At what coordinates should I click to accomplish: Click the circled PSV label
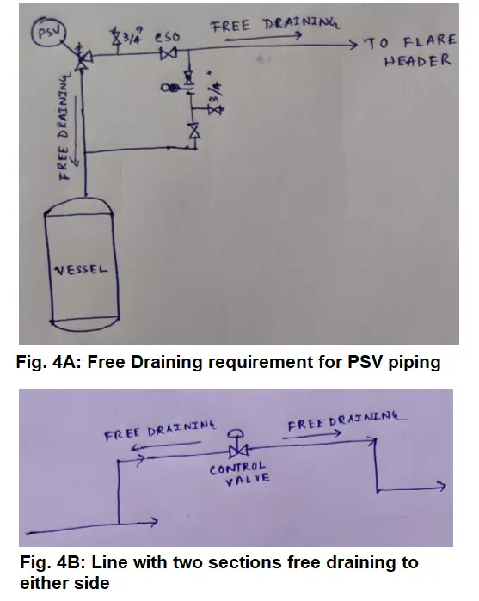(48, 33)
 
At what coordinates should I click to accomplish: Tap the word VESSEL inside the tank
(81, 270)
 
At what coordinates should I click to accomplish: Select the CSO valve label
(167, 37)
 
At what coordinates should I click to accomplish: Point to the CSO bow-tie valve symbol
(169, 53)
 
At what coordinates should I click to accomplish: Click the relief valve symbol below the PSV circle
(82, 58)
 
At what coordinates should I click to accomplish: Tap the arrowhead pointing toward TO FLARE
(352, 46)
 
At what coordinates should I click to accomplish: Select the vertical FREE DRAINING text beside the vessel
(64, 126)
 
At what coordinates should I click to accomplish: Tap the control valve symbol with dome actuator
(237, 444)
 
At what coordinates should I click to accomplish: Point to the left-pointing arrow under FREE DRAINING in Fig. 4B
(166, 445)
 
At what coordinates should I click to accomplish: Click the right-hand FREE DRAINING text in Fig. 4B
(347, 420)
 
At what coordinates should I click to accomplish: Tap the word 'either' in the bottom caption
(43, 583)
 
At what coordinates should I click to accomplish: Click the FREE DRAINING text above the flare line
(274, 25)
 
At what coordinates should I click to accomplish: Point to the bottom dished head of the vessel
(85, 324)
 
